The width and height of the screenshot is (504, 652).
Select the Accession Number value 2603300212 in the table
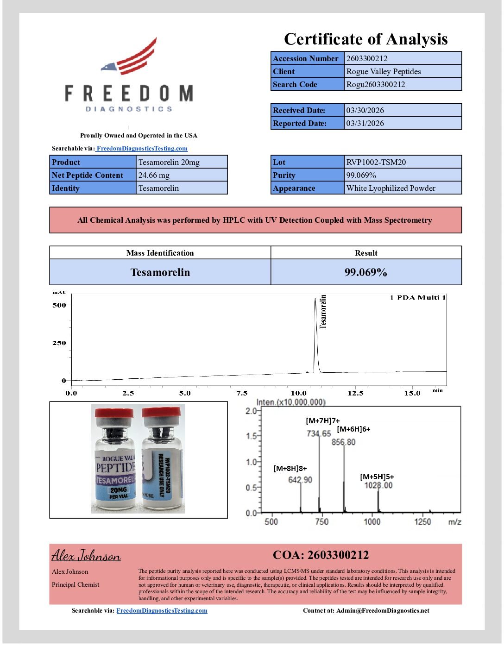point(367,58)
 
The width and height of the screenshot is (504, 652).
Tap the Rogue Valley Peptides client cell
point(384,71)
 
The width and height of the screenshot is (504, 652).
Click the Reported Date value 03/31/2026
point(365,123)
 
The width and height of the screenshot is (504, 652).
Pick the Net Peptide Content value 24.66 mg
point(154,175)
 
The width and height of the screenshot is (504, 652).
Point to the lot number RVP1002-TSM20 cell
point(376,162)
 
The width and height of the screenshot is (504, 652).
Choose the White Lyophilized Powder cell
point(391,188)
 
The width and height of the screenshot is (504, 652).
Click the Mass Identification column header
point(160,253)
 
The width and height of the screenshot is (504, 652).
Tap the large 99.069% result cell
point(366,272)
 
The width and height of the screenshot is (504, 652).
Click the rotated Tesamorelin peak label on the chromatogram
point(323,312)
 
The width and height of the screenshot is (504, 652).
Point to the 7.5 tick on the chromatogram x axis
point(242,393)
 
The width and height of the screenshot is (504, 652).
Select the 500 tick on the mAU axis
point(59,305)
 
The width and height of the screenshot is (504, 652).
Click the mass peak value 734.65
point(319,433)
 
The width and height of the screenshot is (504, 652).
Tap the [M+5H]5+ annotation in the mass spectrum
point(377,476)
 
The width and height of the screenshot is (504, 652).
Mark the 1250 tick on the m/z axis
point(422,522)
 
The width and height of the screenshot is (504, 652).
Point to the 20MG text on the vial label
point(119,489)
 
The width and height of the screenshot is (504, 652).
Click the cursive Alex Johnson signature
point(86,555)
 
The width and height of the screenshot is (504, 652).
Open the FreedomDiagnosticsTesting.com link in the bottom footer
point(162,610)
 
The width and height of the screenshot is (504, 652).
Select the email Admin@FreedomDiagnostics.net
point(383,610)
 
